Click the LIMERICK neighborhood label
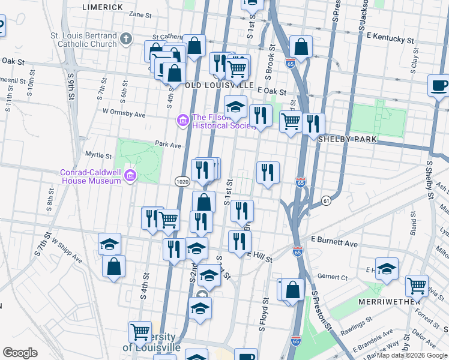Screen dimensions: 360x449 pos(103,7)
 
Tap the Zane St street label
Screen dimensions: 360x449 pos(140,14)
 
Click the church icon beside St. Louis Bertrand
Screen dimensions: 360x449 pos(125,40)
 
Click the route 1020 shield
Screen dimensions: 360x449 pos(182,181)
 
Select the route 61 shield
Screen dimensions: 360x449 pos(326,200)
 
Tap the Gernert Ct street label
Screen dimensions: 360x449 pos(334,277)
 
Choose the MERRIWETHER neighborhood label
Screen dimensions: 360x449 pos(390,301)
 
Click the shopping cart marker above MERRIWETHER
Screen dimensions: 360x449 pos(417,285)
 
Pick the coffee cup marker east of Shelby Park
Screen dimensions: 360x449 pos(438,85)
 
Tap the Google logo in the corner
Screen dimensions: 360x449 pos(20,353)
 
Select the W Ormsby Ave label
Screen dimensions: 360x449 pos(124,113)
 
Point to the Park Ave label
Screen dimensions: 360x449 pos(167,145)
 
